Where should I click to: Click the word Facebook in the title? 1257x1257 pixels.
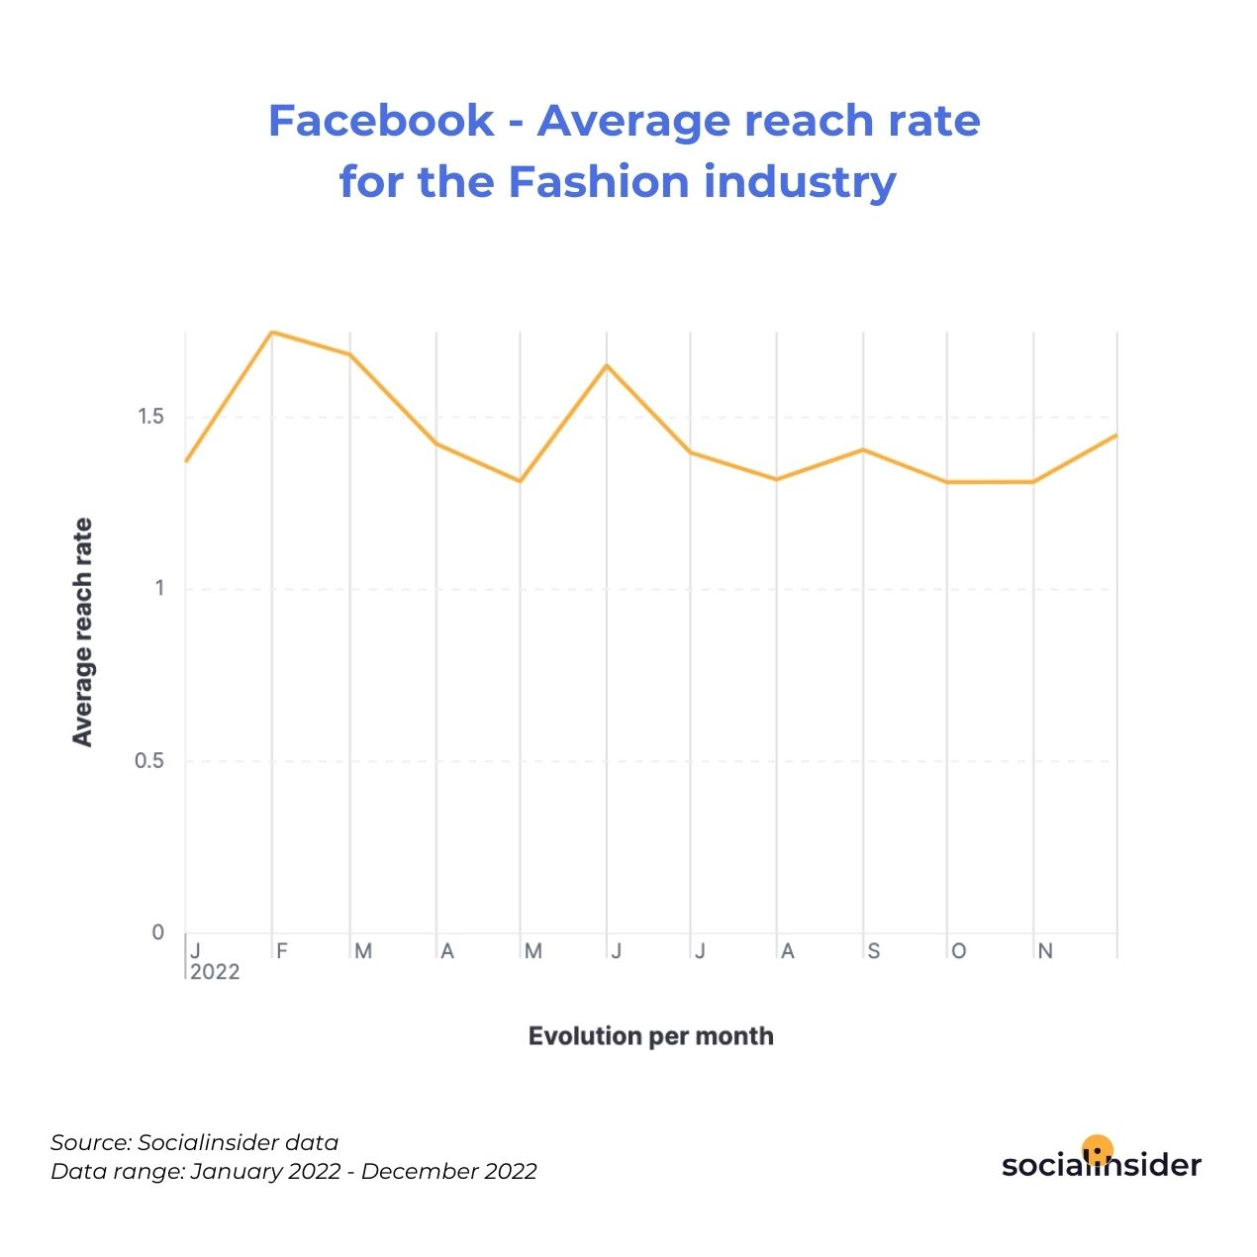pos(381,121)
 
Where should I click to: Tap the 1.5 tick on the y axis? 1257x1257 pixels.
pos(150,416)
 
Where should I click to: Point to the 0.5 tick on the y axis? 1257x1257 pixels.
pos(149,760)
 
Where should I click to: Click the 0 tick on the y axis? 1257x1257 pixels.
pos(157,932)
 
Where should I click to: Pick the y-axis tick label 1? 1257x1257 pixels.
pos(159,588)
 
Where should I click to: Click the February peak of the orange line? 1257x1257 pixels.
pos(272,332)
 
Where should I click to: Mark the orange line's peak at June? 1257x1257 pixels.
pos(607,365)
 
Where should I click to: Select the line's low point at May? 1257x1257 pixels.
pos(520,481)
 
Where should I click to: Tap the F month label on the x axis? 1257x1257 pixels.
pos(282,951)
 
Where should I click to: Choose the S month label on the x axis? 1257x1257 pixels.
pos(874,951)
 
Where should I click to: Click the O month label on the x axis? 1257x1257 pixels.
pos(959,951)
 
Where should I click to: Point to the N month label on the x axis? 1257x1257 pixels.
pos(1045,951)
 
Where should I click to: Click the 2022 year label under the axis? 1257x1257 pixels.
pos(215,972)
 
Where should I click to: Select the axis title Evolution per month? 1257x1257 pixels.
pos(651,1036)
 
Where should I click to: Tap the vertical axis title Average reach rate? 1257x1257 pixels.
pos(83,632)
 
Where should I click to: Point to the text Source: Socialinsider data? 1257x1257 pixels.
pos(194,1143)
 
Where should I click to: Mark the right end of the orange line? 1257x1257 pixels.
pos(1116,435)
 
